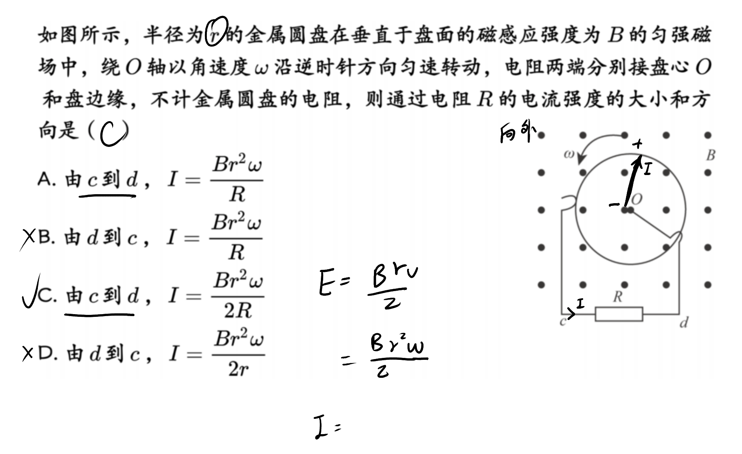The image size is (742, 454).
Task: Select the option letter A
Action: click(x=44, y=180)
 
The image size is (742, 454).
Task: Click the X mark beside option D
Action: click(x=28, y=354)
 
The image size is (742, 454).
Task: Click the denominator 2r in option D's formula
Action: click(x=238, y=368)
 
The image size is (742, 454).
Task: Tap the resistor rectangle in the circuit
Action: click(x=619, y=314)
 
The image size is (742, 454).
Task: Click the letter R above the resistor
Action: click(x=617, y=297)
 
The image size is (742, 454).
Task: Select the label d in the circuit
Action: click(x=684, y=323)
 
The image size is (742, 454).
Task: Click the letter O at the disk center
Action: click(x=637, y=199)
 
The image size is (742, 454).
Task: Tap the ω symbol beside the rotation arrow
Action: click(x=569, y=154)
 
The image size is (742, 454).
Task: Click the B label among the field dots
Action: click(x=711, y=156)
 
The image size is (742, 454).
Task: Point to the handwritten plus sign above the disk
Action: click(x=637, y=144)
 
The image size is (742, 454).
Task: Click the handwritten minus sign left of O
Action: click(x=614, y=204)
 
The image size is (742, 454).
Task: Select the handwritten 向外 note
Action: click(x=518, y=134)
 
